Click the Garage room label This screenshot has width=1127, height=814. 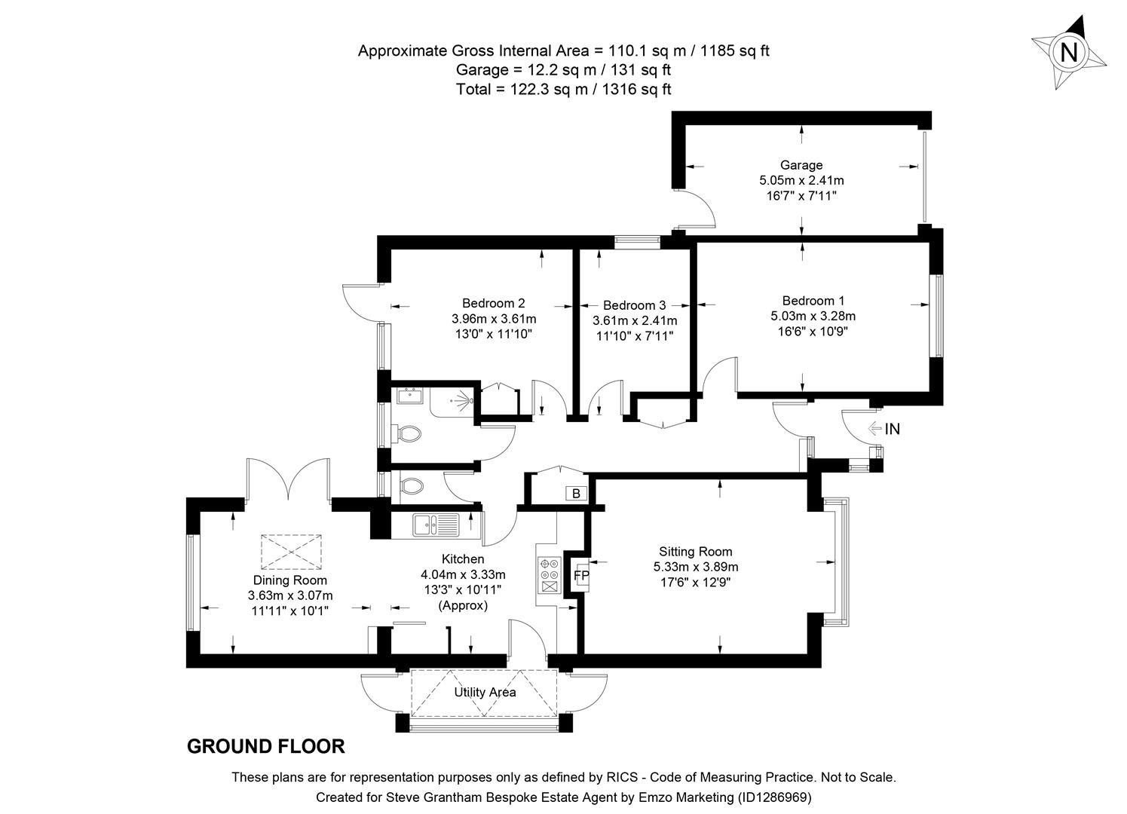coord(801,165)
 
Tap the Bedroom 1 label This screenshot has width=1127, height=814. coord(807,301)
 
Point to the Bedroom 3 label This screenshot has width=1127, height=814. coord(634,305)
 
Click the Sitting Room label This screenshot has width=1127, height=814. coord(695,552)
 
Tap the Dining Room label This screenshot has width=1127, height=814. coord(289,580)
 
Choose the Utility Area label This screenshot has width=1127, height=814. coord(485,692)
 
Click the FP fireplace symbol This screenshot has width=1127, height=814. coord(581,576)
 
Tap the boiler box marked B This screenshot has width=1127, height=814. coord(576,494)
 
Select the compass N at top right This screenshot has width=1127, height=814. coord(1068,53)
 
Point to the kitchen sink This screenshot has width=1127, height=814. coord(435,524)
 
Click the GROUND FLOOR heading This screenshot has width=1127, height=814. coord(265,746)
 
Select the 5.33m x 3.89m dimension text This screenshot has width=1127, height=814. coord(695,567)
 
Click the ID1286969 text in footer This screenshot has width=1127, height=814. coord(773,797)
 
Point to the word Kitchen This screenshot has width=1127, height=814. coord(462,558)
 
